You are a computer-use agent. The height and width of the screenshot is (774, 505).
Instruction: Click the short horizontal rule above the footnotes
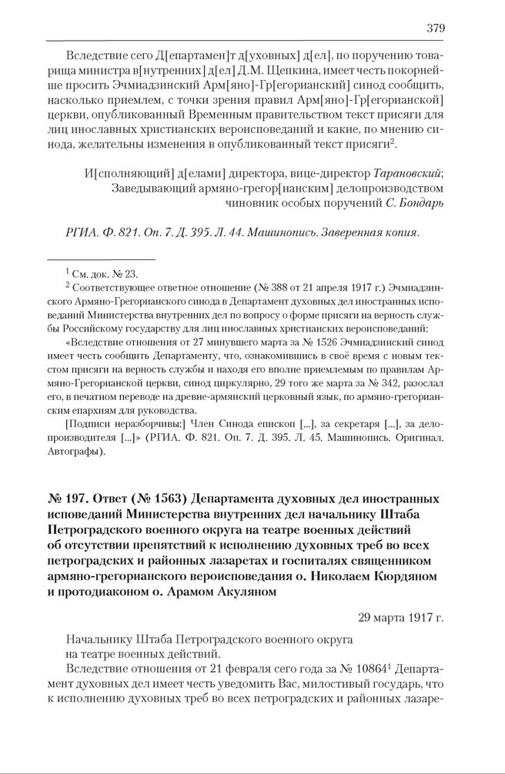pyautogui.click(x=101, y=259)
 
